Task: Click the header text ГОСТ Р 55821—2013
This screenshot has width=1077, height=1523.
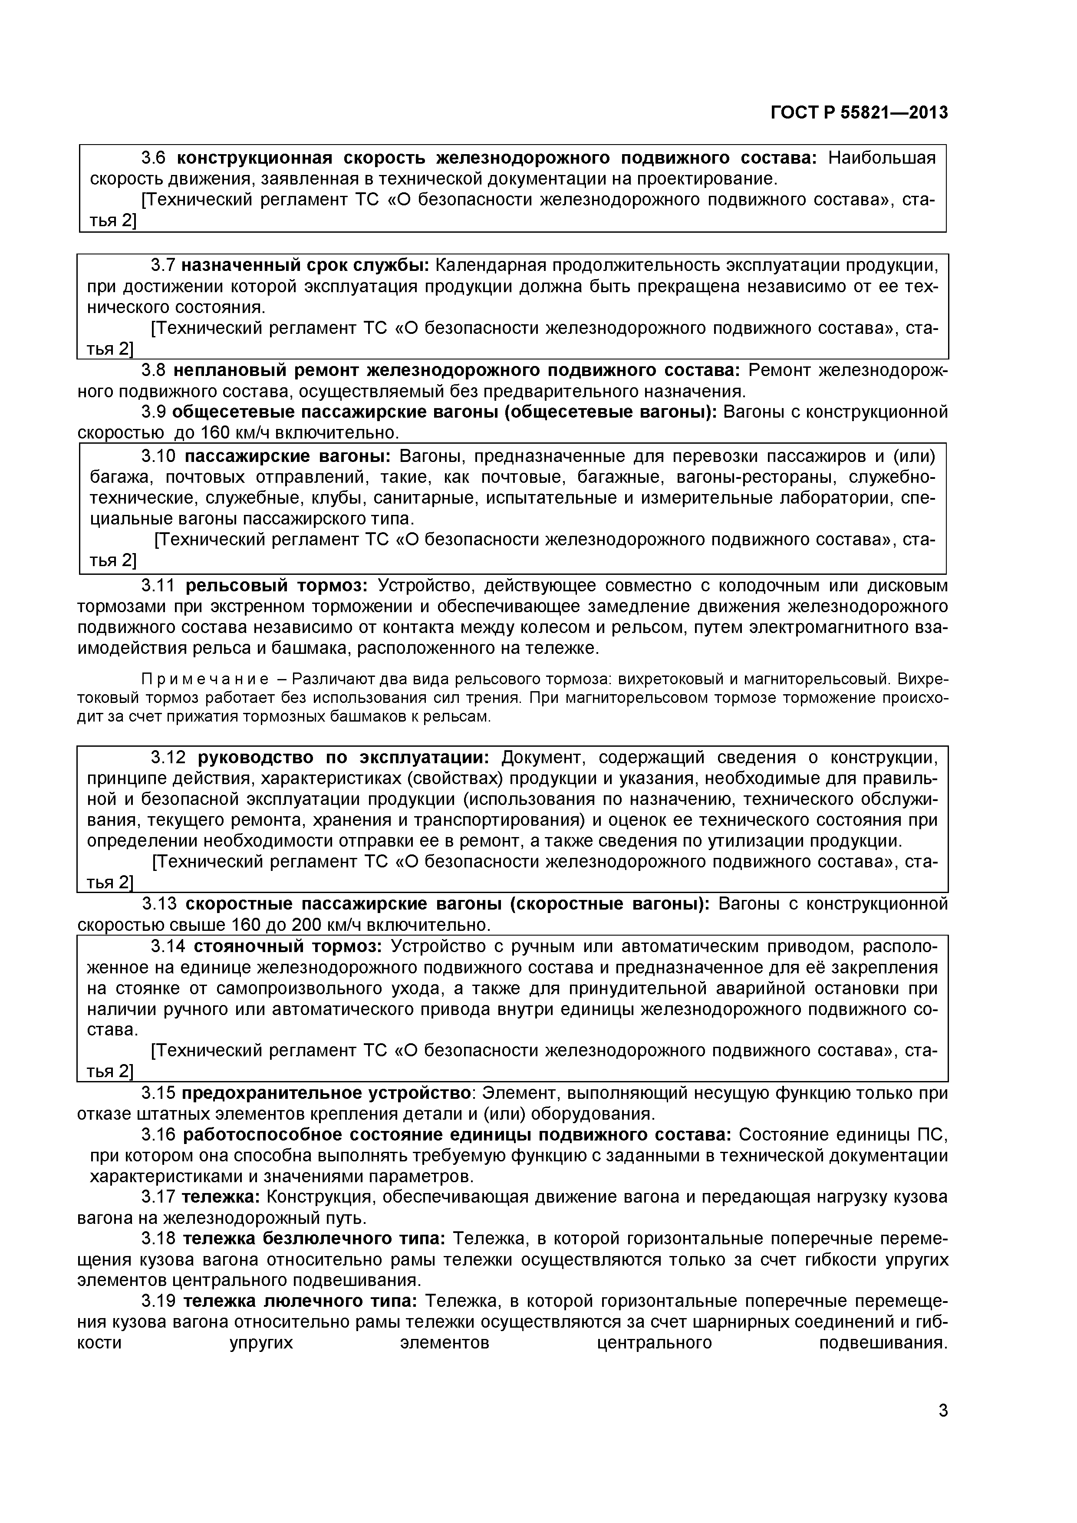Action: tap(859, 113)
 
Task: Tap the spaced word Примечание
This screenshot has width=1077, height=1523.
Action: tap(205, 679)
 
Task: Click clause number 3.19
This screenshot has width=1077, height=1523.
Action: tap(158, 1302)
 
